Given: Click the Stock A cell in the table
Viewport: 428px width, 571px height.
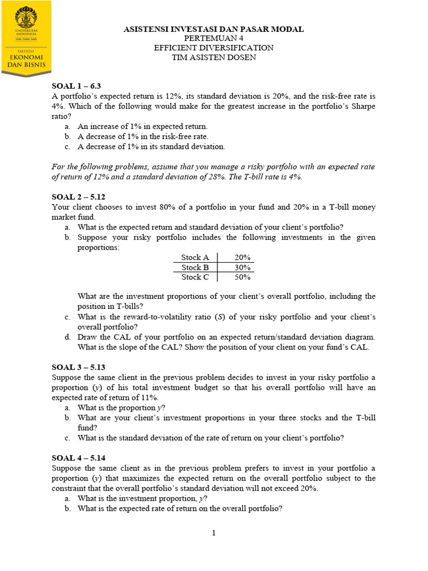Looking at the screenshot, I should (x=195, y=258).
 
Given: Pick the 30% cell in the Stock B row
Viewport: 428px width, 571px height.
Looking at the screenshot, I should (x=242, y=267).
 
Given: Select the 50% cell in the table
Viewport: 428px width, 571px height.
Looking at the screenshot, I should (x=242, y=277).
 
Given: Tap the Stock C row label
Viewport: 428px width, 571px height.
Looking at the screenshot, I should (x=195, y=277).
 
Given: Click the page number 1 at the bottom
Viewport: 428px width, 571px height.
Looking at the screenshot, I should (x=213, y=533).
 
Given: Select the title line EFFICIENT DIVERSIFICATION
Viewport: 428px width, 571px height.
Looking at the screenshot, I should (x=213, y=48).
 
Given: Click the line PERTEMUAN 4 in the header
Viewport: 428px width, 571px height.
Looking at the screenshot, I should (x=213, y=38).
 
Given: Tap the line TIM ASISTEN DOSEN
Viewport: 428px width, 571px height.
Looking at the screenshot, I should (x=213, y=57).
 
